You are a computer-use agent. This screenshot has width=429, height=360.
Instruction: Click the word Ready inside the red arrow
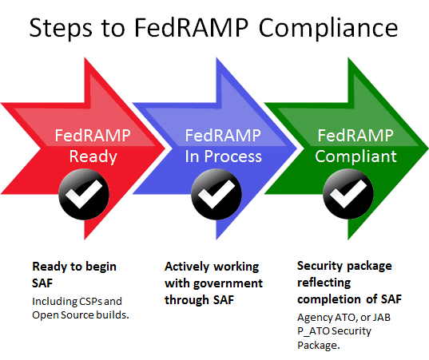tap(93, 156)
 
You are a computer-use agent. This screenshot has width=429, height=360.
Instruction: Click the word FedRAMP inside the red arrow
tap(93, 136)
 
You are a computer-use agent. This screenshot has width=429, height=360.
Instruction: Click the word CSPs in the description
tap(106, 300)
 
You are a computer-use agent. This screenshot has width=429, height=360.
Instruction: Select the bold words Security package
tap(345, 266)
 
